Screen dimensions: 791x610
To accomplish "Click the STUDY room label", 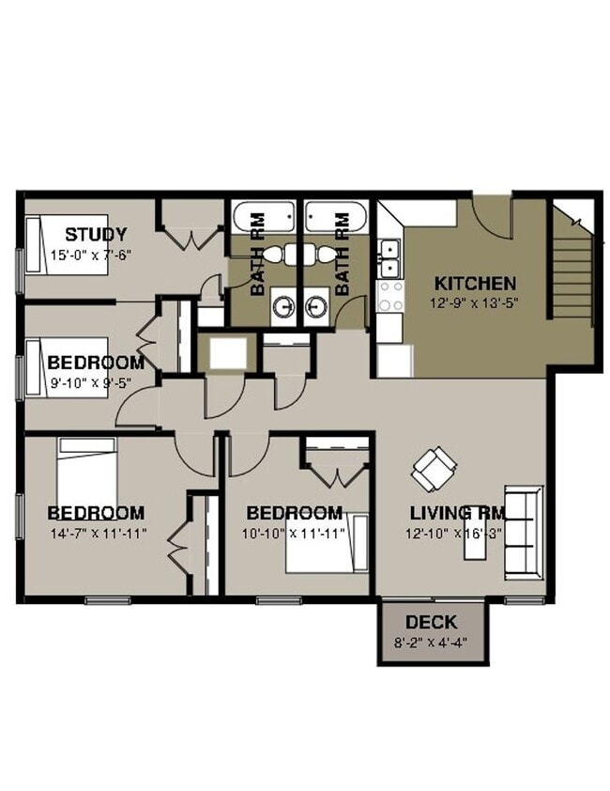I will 96,235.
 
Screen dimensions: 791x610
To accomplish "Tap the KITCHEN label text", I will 473,283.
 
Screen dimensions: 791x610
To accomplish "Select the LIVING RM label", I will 458,513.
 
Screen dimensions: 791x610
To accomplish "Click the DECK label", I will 432,622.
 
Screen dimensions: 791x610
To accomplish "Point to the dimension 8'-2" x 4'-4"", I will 432,644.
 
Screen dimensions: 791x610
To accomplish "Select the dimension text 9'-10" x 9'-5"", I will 96,382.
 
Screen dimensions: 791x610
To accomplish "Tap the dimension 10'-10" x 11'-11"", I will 295,533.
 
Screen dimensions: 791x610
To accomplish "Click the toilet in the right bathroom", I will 325,255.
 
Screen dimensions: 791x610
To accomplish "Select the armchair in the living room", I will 435,467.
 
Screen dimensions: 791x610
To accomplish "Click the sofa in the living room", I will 524,531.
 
